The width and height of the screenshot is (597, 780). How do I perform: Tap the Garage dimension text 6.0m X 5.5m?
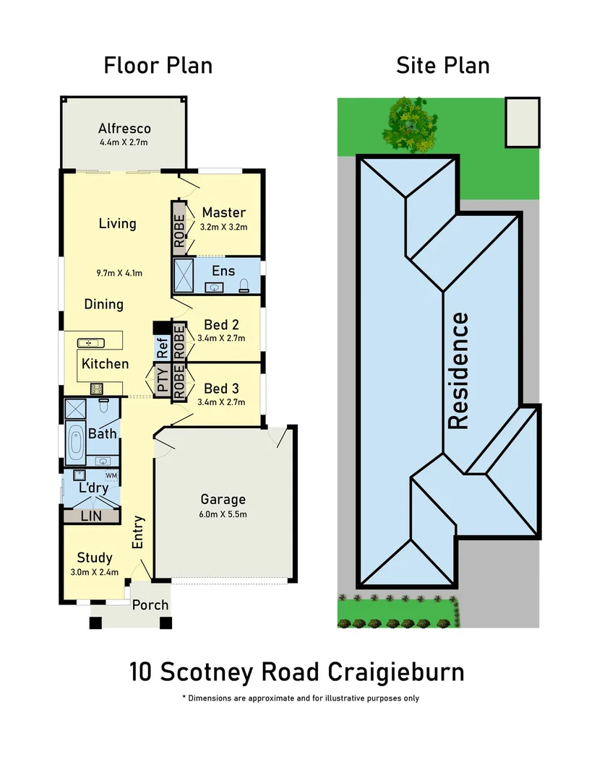pyautogui.click(x=223, y=514)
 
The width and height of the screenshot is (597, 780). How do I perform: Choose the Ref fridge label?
pyautogui.click(x=162, y=350)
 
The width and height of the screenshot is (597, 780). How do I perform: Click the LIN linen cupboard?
pyautogui.click(x=90, y=516)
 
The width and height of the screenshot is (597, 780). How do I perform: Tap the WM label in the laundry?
pyautogui.click(x=111, y=476)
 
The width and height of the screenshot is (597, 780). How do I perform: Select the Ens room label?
pyautogui.click(x=223, y=272)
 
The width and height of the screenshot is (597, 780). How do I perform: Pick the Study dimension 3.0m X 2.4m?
pyautogui.click(x=95, y=572)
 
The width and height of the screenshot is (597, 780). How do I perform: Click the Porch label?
pyautogui.click(x=150, y=604)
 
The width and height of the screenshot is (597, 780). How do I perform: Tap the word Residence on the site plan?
pyautogui.click(x=459, y=370)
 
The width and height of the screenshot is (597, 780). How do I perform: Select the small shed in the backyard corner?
pyautogui.click(x=522, y=122)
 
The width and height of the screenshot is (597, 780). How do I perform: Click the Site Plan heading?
pyautogui.click(x=442, y=66)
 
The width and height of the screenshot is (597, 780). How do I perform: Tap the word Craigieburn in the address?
pyautogui.click(x=396, y=672)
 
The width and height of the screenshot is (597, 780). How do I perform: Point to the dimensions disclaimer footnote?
pyautogui.click(x=300, y=698)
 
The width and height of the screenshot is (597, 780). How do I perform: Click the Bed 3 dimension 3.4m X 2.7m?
pyautogui.click(x=221, y=402)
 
